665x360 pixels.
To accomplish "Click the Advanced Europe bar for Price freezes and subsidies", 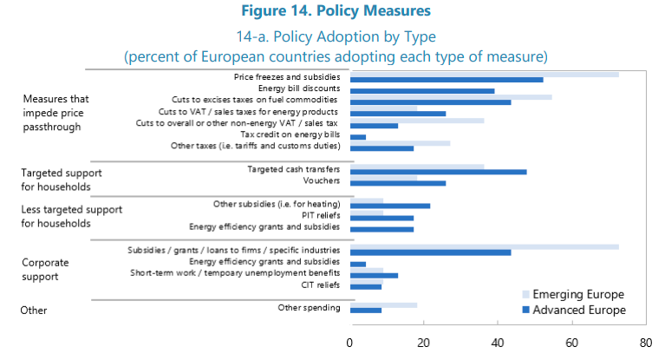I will (447, 80).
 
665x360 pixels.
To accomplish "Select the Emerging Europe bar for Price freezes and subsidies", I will (484, 75).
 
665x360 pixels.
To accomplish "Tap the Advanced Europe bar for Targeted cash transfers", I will (438, 172).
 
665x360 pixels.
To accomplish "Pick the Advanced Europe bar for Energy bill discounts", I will (422, 91).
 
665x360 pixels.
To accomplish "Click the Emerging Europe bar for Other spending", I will (383, 304).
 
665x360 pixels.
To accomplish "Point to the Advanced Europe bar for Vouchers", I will (398, 183).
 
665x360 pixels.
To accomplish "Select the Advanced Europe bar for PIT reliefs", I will (381, 218).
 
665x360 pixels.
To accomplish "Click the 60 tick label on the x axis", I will (571, 342).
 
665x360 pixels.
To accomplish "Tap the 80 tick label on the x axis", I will (645, 342).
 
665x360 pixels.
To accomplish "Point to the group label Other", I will (34, 310).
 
